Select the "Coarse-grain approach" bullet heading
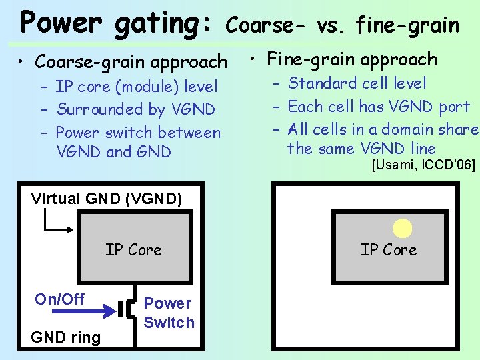coord(131,62)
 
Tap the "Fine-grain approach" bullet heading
coord(351,59)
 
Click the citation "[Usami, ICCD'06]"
coord(423,165)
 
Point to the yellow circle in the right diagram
coord(402,229)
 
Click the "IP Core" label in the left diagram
coord(133,250)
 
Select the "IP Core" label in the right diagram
coord(389,250)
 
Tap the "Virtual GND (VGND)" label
coord(107,199)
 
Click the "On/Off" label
coord(59,299)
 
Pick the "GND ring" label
coord(66,337)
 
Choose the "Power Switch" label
coord(169,313)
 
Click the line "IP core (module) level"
coord(137,87)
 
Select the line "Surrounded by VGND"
coord(136,109)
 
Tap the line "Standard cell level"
coord(357,83)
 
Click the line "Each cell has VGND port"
coord(379,107)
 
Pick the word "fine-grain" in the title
coord(407,26)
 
